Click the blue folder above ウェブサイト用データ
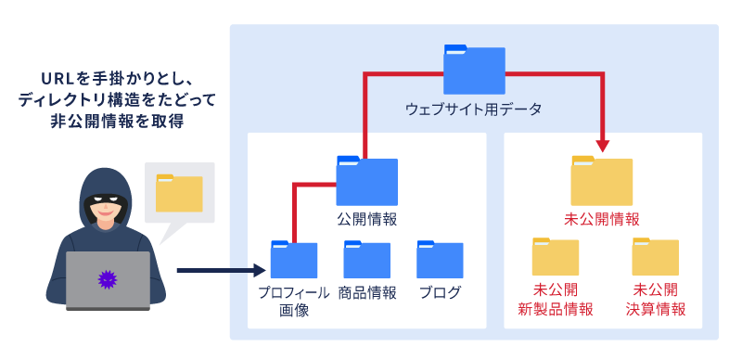[x=474, y=70]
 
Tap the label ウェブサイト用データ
[x=473, y=109]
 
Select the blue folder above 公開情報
[x=366, y=182]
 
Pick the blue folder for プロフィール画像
[x=293, y=260]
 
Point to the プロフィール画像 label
[x=293, y=302]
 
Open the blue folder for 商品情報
[x=366, y=260]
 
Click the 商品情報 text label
[x=366, y=293]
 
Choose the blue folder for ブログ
[x=440, y=260]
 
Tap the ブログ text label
[x=440, y=293]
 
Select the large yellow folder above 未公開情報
[x=601, y=182]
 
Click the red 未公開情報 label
[x=601, y=220]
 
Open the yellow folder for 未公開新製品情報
[x=555, y=257]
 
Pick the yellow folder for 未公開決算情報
[x=655, y=257]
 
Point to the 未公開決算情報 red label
[x=655, y=300]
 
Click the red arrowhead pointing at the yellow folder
[x=603, y=145]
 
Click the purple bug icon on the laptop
[x=108, y=277]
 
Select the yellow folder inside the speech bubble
[x=179, y=193]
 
